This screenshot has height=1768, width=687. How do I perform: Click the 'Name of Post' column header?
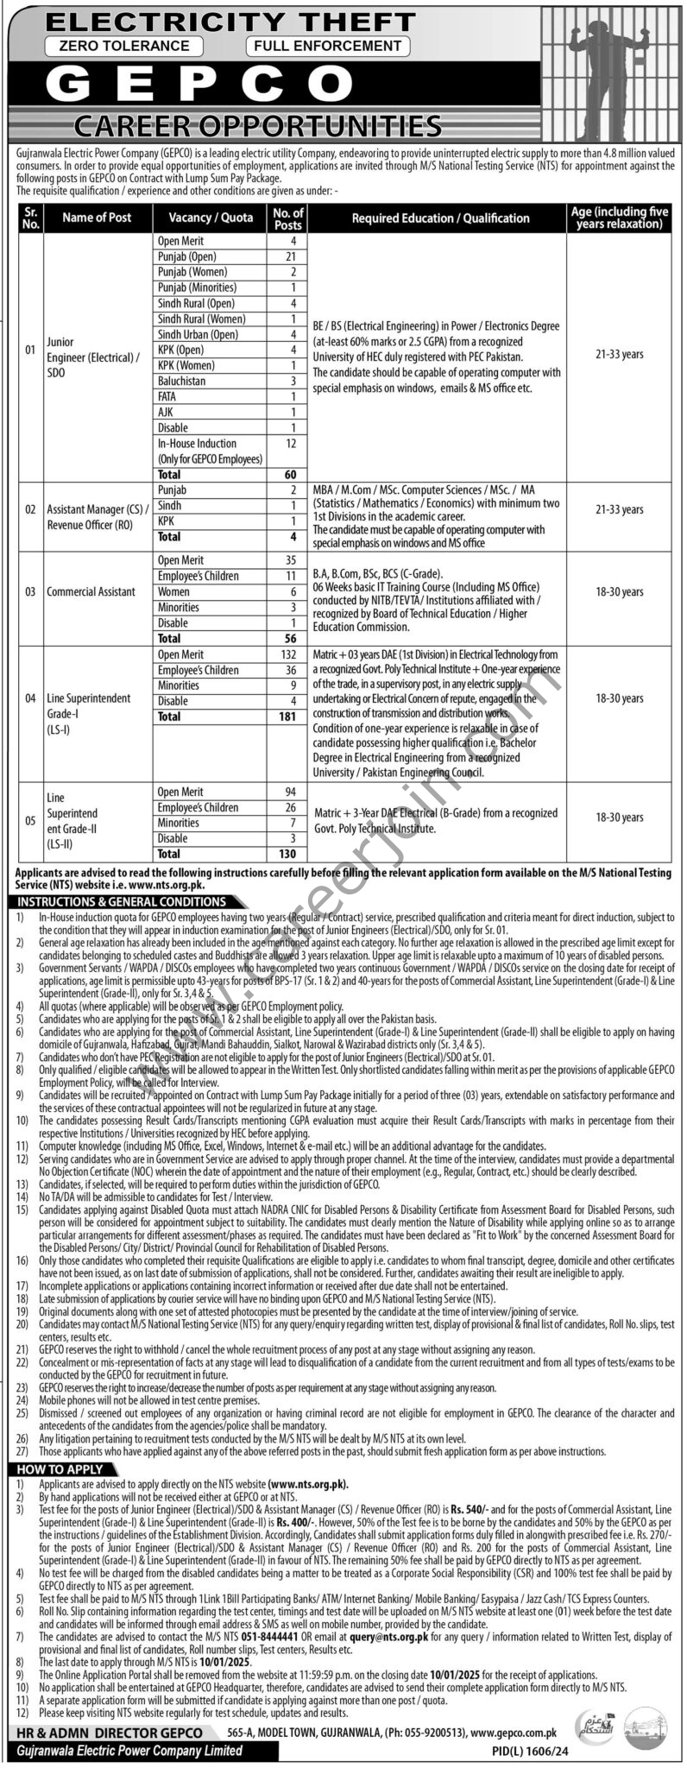(97, 218)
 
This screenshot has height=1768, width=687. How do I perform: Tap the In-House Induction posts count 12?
(293, 444)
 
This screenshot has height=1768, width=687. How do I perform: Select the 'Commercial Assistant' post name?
(91, 592)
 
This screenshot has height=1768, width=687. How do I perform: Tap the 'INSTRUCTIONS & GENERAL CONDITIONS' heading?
(121, 902)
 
